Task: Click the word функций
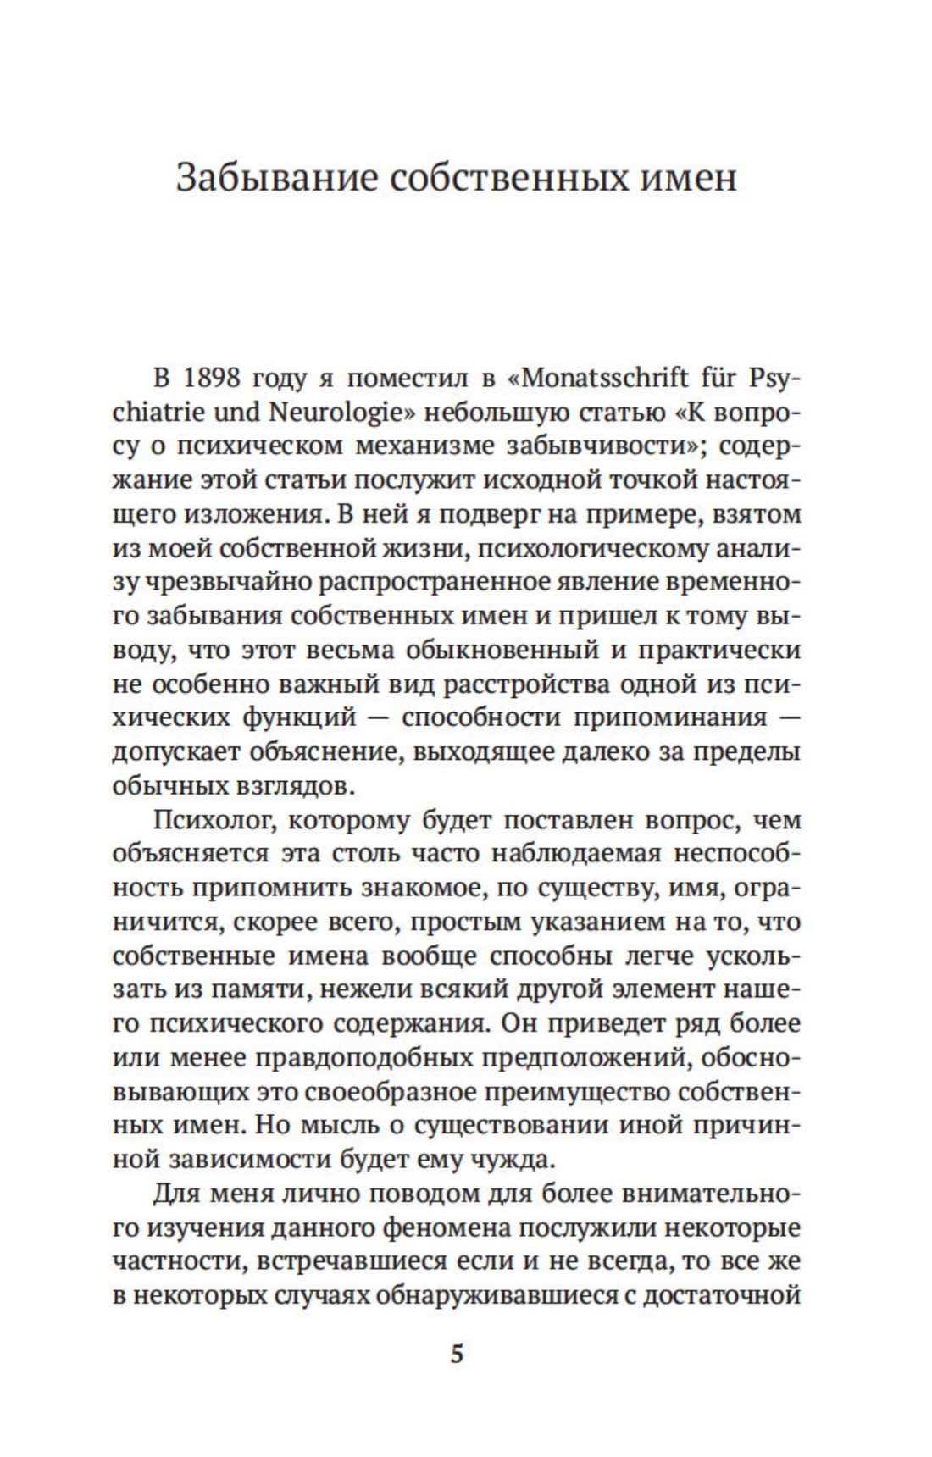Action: tap(301, 718)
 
